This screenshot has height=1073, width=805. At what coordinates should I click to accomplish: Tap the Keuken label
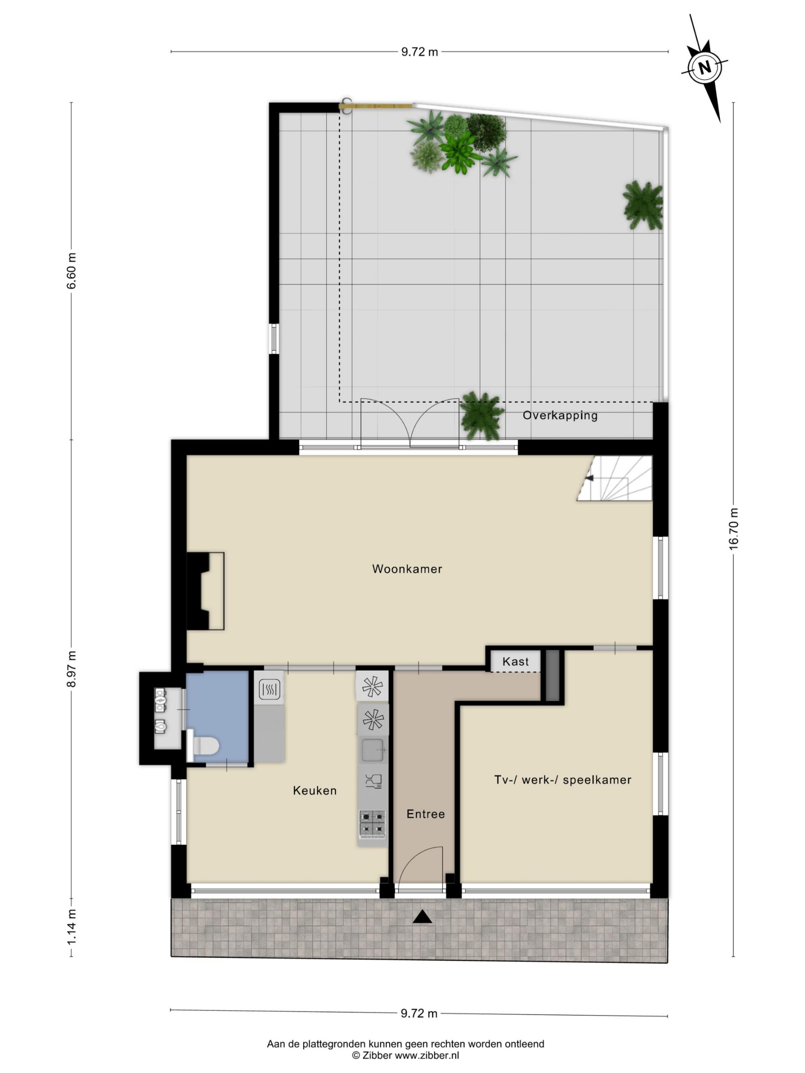[x=314, y=790]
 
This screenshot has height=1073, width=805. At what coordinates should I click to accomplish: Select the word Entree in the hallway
[x=426, y=814]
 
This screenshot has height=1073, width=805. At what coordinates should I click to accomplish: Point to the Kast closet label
[x=515, y=662]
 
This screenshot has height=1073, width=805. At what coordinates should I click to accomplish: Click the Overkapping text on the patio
[x=560, y=415]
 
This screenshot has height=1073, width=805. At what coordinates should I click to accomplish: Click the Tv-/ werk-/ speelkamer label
[x=563, y=780]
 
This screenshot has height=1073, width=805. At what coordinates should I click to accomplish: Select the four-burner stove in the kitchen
[x=373, y=824]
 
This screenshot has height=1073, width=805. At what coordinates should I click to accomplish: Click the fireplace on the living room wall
[x=205, y=591]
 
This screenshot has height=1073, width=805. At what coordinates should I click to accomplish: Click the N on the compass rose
[x=704, y=67]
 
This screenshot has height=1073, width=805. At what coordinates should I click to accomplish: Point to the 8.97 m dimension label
[x=71, y=669]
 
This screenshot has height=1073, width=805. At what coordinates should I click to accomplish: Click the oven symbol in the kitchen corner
[x=268, y=688]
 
